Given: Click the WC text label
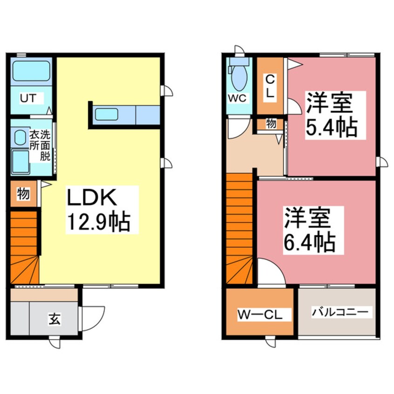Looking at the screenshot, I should click(x=238, y=98).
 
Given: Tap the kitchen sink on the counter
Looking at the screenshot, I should click(x=108, y=114).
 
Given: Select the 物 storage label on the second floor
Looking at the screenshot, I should click(x=271, y=124).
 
